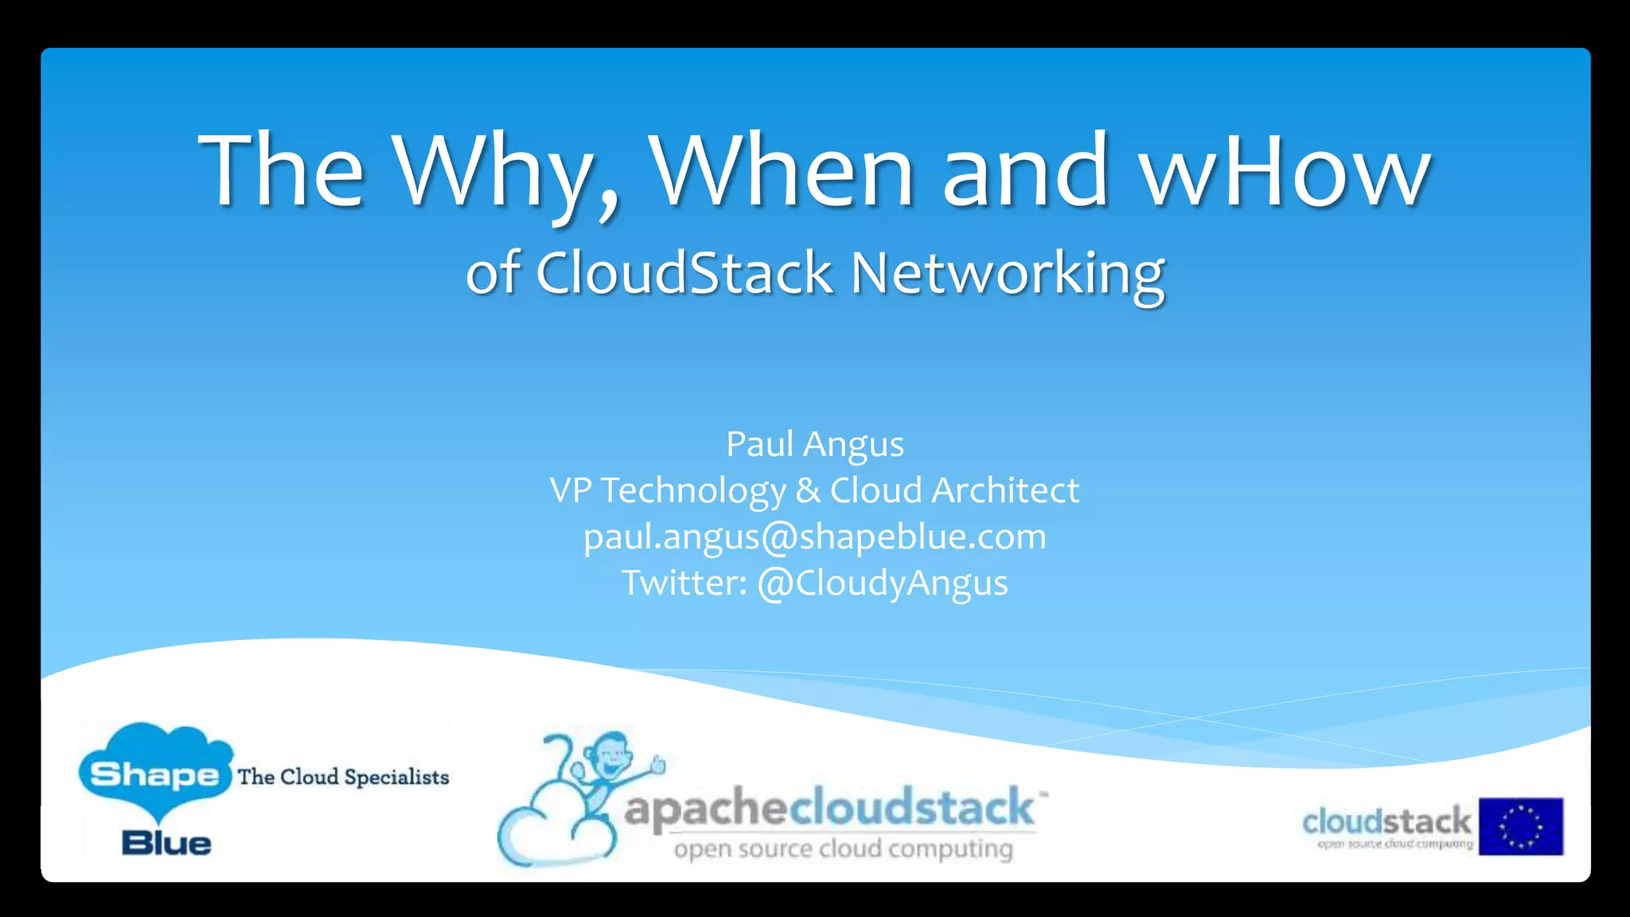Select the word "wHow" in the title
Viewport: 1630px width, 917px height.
1285,171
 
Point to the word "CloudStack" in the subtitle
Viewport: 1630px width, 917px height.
684,273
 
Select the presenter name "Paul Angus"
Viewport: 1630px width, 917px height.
814,444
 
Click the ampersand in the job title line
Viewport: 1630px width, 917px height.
807,490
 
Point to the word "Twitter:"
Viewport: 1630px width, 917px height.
684,583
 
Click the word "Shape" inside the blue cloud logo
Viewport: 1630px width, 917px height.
154,774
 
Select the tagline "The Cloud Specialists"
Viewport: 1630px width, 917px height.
343,777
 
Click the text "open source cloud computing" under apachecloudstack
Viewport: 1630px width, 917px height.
843,849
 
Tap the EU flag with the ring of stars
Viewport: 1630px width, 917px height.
1520,826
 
